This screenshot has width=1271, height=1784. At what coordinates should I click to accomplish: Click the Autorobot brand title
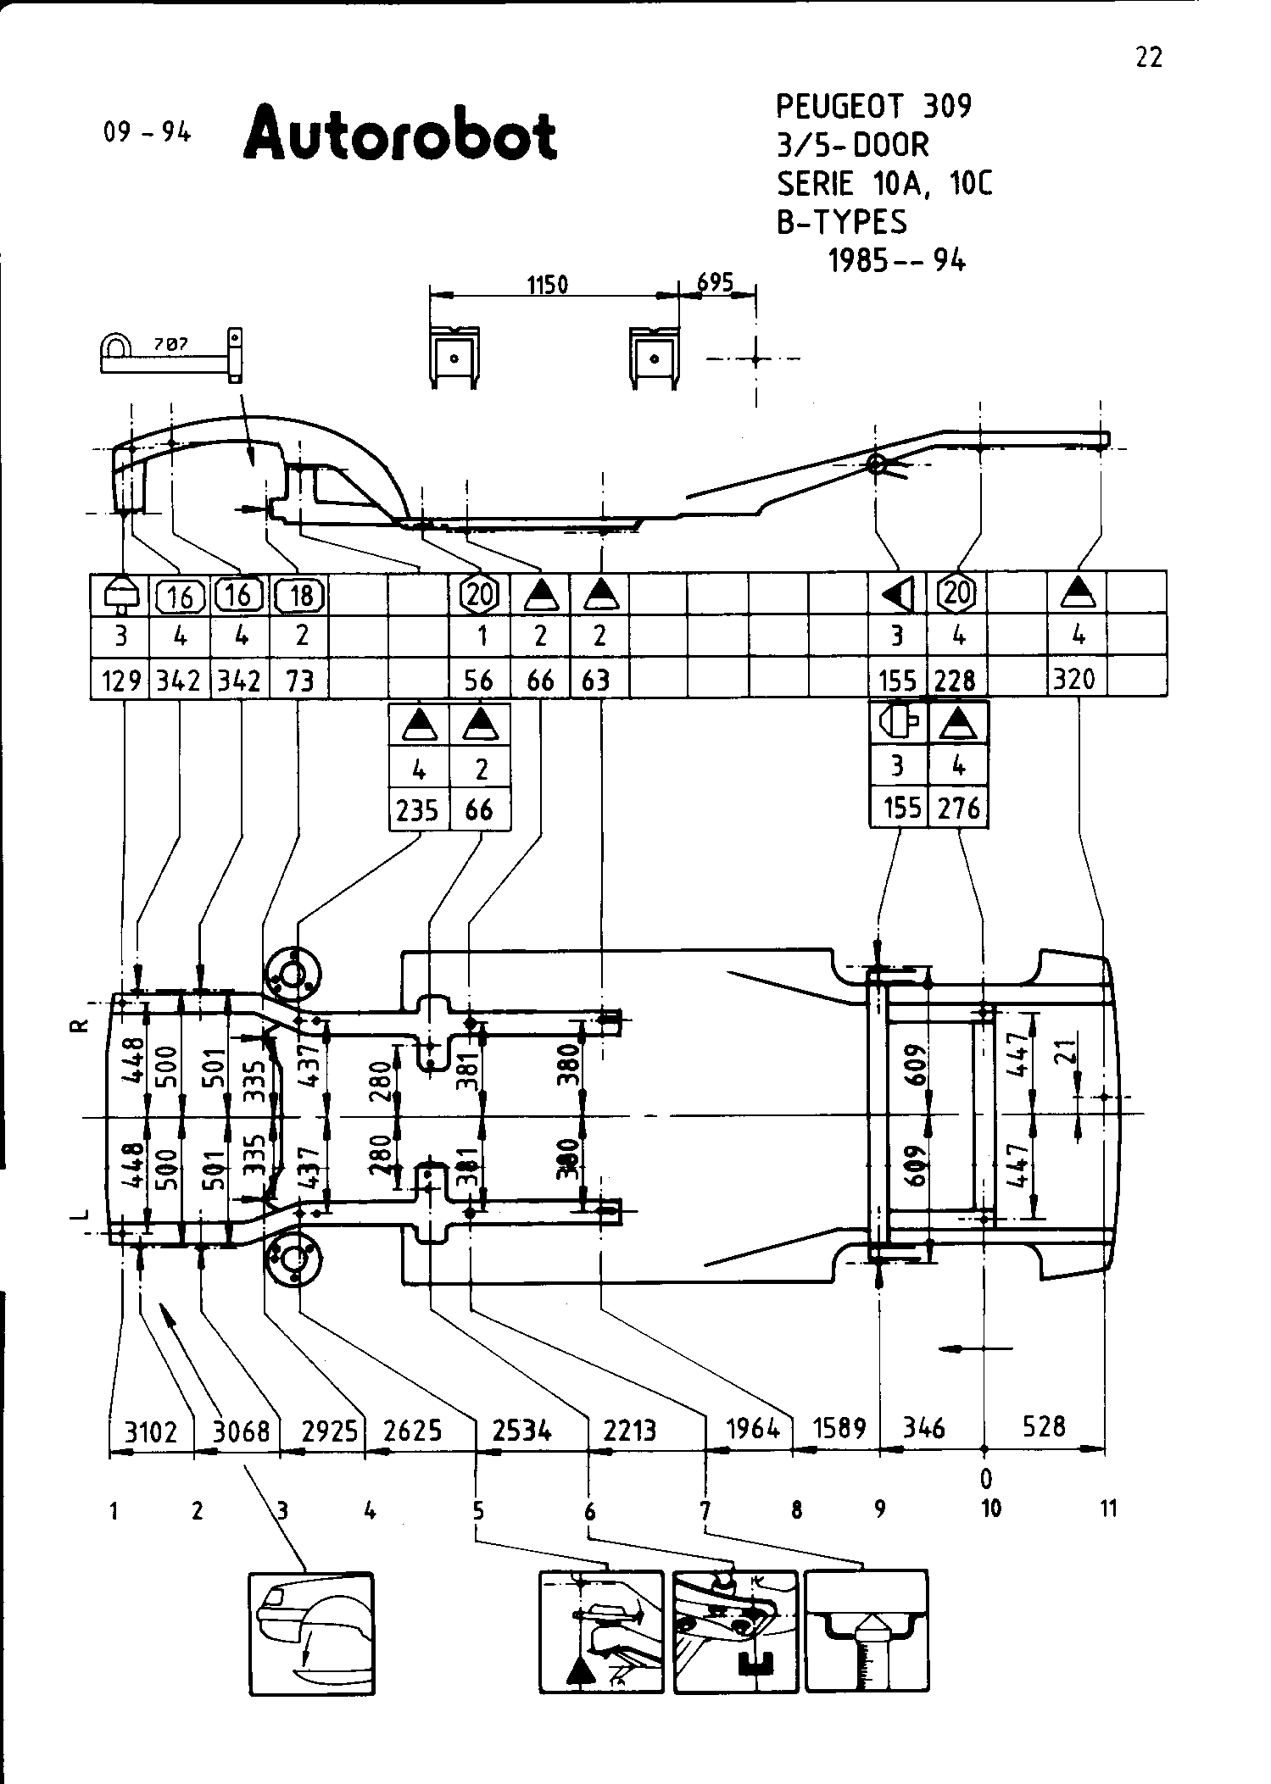pos(400,135)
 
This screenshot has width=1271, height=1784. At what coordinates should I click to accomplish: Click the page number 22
pos(1148,58)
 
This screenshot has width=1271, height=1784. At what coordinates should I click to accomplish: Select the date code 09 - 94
pos(148,133)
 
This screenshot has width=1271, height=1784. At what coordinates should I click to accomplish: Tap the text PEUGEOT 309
pos(873,107)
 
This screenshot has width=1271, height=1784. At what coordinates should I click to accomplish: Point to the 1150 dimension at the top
pos(548,285)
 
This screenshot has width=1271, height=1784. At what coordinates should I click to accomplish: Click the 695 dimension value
pos(714,281)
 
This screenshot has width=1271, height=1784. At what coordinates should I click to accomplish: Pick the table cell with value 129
pos(121,680)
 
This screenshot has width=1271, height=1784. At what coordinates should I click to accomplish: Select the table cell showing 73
pos(299,680)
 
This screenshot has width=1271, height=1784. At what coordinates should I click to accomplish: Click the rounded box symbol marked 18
pos(300,596)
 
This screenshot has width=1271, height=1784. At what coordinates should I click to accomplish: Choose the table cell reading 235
pos(417,810)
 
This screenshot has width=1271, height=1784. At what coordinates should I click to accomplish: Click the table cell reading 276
pos(959,808)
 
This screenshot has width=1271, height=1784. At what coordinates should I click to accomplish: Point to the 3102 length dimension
pos(151,1432)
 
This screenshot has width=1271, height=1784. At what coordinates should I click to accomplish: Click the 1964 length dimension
pos(753,1429)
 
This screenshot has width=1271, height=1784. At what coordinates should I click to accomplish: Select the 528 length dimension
pos(1043,1426)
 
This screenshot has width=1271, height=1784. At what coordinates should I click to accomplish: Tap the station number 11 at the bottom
pos(1108,1508)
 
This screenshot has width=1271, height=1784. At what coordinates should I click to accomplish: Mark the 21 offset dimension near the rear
pos(1068,1050)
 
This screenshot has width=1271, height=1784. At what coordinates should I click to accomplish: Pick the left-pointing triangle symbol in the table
pos(899,595)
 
